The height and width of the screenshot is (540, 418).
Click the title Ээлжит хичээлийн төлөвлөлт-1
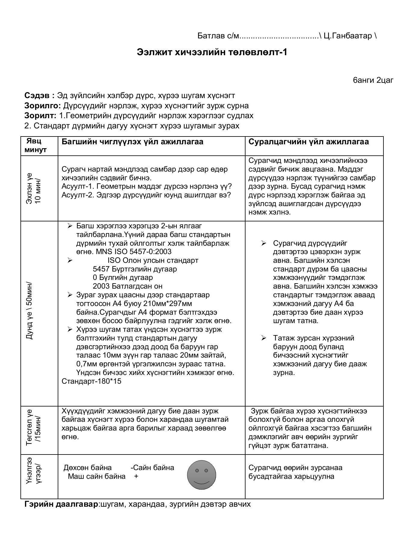point(212,52)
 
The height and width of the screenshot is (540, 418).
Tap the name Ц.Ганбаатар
point(348,36)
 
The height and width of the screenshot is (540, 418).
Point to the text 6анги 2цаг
point(373,80)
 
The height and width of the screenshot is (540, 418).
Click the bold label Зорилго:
point(43,106)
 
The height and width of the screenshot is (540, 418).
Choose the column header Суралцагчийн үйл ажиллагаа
point(308,142)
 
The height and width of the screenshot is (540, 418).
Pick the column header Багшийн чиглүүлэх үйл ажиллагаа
point(132,142)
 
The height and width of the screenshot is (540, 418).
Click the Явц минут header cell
point(35,145)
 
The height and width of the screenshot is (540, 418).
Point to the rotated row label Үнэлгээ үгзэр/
point(34,476)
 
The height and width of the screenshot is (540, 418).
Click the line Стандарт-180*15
point(91,381)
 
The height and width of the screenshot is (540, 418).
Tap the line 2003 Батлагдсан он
point(128,286)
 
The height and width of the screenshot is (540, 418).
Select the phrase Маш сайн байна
point(96,476)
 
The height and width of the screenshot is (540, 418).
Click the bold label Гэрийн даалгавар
point(61,504)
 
